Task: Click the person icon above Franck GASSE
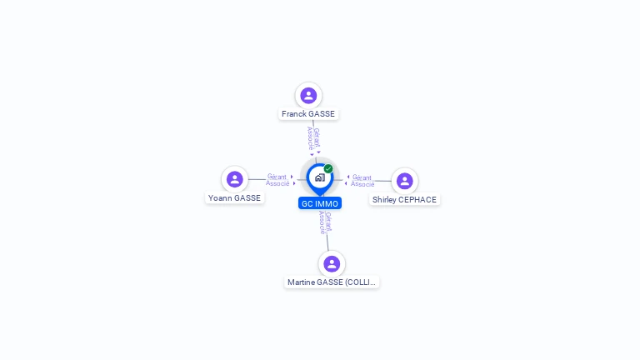tap(308, 96)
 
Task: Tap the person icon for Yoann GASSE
tap(235, 179)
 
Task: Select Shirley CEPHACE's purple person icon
tap(404, 181)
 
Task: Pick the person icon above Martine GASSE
tap(332, 263)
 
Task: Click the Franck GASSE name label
tap(308, 114)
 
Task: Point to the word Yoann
tap(220, 198)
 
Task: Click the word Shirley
tap(384, 200)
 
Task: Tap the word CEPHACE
tap(417, 200)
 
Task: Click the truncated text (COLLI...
tap(360, 282)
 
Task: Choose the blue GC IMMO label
tap(320, 203)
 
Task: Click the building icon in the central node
tap(319, 177)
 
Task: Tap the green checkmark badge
tap(328, 168)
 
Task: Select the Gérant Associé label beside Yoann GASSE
tap(277, 180)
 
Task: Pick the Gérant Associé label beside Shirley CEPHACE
tap(362, 180)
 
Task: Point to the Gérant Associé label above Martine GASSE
tap(326, 222)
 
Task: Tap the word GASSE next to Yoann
tap(247, 198)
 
